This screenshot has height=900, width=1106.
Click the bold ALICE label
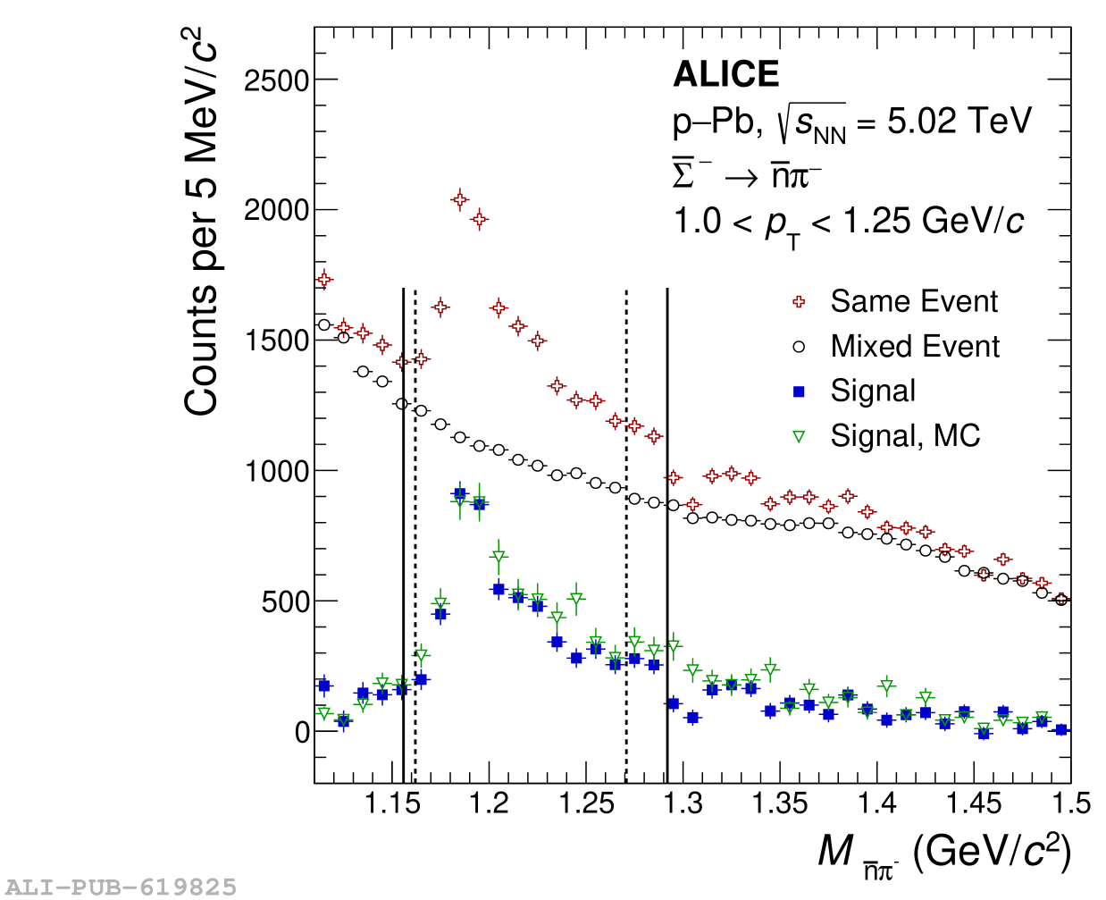click(x=725, y=74)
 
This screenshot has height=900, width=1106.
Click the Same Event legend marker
click(x=799, y=302)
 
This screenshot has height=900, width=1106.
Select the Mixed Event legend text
click(x=914, y=346)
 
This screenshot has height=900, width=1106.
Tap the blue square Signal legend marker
click(x=799, y=391)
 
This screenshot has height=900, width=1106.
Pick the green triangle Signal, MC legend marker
click(x=799, y=436)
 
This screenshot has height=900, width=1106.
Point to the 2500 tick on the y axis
click(x=276, y=80)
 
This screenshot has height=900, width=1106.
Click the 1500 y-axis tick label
click(x=276, y=341)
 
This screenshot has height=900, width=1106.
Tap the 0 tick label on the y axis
click(x=302, y=732)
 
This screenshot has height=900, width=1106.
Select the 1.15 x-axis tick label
click(x=392, y=803)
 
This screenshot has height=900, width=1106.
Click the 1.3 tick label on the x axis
click(x=683, y=803)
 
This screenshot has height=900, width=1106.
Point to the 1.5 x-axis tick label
click(x=1071, y=803)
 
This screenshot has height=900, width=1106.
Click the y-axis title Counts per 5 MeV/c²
click(x=202, y=223)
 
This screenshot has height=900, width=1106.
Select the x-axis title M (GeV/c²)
click(x=943, y=853)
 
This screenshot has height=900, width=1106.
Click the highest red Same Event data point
click(x=460, y=199)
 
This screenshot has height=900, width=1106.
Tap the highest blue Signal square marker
click(x=460, y=493)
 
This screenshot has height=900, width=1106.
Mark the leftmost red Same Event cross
click(x=324, y=280)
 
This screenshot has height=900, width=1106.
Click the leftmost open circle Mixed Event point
click(x=324, y=324)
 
